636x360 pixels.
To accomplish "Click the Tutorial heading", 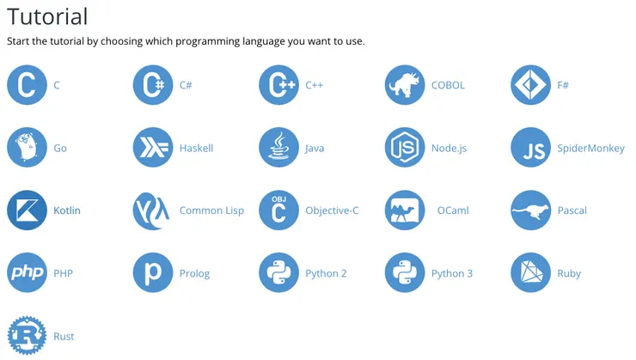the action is (47, 16).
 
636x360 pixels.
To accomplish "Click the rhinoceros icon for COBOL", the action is (405, 85).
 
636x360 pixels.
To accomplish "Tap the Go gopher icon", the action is (27, 148).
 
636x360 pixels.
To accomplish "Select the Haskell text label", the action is (196, 148).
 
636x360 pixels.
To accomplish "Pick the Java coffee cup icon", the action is (278, 148).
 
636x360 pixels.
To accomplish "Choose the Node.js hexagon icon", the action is (405, 148).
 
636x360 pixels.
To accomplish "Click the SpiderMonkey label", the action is (590, 149).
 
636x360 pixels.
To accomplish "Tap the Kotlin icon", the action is (27, 210).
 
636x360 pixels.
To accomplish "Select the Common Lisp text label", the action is (211, 211).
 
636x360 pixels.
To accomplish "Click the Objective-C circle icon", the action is (278, 210).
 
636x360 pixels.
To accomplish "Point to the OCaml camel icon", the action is (405, 210).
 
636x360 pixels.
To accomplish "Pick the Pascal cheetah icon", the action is (530, 210).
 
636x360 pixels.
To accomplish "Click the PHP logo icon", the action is (27, 272).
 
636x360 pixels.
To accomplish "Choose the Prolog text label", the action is (195, 273).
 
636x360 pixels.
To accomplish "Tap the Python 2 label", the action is (326, 273).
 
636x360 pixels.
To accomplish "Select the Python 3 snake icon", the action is (405, 272).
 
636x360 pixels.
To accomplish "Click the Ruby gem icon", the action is (530, 272).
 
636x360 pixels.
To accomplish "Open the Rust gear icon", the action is (27, 336).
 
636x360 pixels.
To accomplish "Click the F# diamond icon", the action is (530, 85).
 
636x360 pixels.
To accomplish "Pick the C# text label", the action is (186, 85).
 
